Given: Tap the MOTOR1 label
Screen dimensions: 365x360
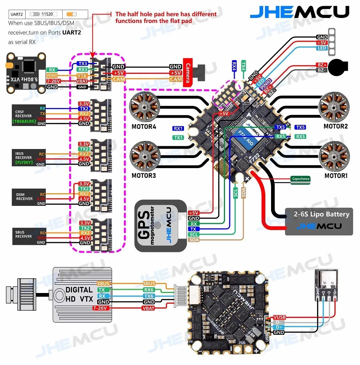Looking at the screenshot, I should coord(336,176).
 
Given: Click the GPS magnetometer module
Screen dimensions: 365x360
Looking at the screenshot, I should coord(160,226).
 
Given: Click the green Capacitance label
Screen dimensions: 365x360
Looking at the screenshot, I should coord(300,179).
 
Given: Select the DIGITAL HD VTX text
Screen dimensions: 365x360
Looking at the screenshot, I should coord(79,293).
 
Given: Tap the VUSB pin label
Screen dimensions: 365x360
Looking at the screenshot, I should coord(279,317).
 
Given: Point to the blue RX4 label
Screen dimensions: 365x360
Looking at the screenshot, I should coord(234,66).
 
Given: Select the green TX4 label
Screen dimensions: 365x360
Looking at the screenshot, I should coord(243,66).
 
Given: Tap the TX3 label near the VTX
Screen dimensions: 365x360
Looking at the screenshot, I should coord(82,63).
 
